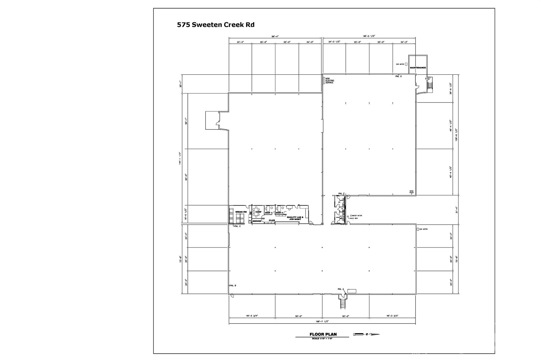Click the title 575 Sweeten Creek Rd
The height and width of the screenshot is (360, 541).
(x=216, y=25)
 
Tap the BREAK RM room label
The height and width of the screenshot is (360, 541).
(x=241, y=212)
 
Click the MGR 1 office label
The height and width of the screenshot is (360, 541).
(x=268, y=213)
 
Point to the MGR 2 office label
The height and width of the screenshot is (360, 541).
(x=279, y=213)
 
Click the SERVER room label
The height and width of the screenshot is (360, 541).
(x=257, y=221)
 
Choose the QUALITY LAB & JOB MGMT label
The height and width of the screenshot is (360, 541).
(x=295, y=218)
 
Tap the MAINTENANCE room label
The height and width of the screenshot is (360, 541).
(x=418, y=68)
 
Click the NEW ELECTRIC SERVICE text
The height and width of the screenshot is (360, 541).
(x=329, y=80)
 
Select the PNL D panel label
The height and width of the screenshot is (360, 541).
(x=398, y=76)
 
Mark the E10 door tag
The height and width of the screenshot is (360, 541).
(x=427, y=79)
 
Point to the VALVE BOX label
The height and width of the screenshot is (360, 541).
(x=354, y=218)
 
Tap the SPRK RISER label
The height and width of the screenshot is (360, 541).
(x=411, y=192)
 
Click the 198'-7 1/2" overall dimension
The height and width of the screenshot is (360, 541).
(x=322, y=321)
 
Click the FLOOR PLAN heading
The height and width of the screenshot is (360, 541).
(x=323, y=334)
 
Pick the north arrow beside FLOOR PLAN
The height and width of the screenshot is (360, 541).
(x=366, y=334)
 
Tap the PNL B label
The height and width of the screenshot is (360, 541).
(x=233, y=286)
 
